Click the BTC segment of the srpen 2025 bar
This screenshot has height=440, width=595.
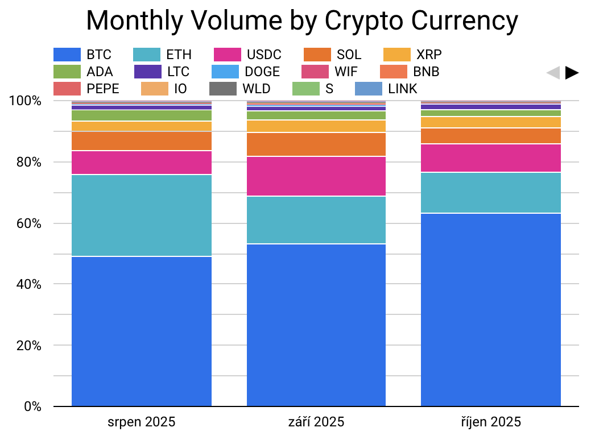[x=142, y=331]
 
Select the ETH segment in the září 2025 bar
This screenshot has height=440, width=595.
[x=316, y=220]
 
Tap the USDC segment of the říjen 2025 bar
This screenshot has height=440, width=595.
[x=491, y=157]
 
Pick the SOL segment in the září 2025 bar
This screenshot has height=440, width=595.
[x=316, y=144]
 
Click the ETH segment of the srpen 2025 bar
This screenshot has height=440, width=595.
[x=142, y=215]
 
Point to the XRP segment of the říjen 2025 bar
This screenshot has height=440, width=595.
[x=491, y=122]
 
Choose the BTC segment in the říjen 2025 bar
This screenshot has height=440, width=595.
[x=491, y=310]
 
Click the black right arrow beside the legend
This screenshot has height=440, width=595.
[x=572, y=73]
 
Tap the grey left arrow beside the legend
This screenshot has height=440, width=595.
[x=552, y=73]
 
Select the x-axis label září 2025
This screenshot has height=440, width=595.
[x=316, y=422]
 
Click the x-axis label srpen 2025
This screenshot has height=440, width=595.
[x=142, y=422]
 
